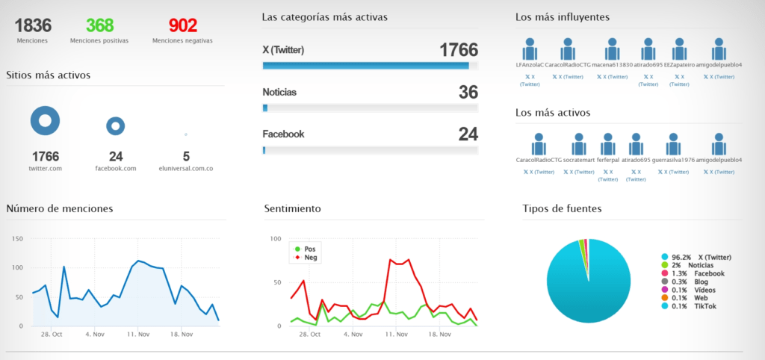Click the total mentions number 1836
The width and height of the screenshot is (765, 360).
click(32, 25)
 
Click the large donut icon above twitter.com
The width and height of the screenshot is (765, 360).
click(45, 120)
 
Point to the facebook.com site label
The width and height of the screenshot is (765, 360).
click(115, 168)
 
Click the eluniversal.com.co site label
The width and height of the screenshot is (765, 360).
click(186, 168)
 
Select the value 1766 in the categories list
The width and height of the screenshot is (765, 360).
click(458, 51)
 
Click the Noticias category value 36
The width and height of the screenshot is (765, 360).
click(468, 93)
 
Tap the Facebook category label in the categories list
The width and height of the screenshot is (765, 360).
click(283, 134)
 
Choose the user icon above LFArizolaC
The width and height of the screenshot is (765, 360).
click(530, 49)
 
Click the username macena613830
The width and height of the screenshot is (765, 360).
click(612, 65)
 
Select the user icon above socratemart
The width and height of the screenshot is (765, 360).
click(578, 144)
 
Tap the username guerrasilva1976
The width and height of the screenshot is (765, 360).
click(673, 160)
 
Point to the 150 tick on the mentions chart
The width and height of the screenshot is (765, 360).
click(18, 239)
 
